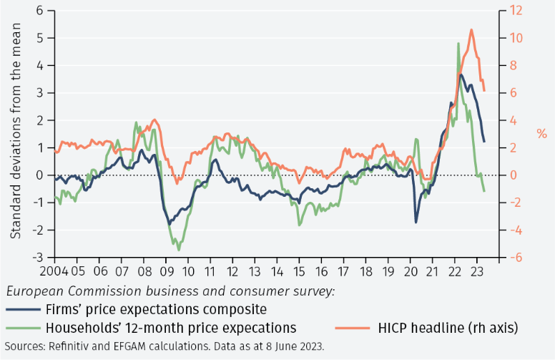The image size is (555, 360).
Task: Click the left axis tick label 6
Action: (x=39, y=11)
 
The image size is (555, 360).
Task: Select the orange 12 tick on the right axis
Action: (x=516, y=11)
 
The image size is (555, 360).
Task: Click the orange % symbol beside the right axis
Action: (x=541, y=134)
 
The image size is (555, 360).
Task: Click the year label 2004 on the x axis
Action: (x=54, y=272)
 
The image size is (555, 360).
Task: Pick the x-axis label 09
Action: (x=167, y=272)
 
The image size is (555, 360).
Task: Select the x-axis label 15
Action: (x=300, y=272)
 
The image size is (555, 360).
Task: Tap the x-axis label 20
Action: (x=411, y=272)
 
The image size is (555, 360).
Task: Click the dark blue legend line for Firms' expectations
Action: (x=21, y=310)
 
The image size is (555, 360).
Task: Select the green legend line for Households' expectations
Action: (x=21, y=328)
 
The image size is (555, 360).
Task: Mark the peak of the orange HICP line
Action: (x=471, y=30)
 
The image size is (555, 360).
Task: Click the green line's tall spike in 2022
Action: (x=458, y=44)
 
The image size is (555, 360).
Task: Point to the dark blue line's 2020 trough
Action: (x=416, y=222)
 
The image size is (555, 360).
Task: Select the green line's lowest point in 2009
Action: (x=178, y=249)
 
